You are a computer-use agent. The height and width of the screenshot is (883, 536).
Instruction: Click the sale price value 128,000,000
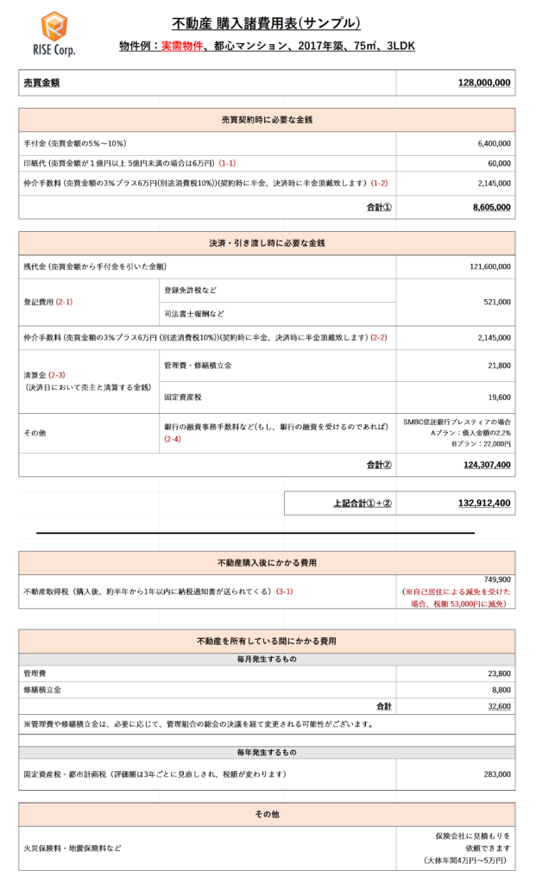coord(484,83)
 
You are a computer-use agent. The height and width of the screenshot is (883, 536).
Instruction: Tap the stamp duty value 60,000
coord(498,163)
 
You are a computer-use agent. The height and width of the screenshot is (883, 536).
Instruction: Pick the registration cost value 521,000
coord(496,302)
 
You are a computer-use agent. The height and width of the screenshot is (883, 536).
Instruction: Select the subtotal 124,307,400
coord(486,465)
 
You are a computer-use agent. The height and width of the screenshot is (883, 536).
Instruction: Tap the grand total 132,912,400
coord(484,503)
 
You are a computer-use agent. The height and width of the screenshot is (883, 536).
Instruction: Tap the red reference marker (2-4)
coord(172,439)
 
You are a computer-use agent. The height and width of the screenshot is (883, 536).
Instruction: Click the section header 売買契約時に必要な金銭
coord(267,120)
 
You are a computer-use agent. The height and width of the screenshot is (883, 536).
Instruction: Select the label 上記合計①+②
coord(363,503)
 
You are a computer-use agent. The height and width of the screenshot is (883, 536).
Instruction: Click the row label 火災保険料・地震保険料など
coord(73,849)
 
